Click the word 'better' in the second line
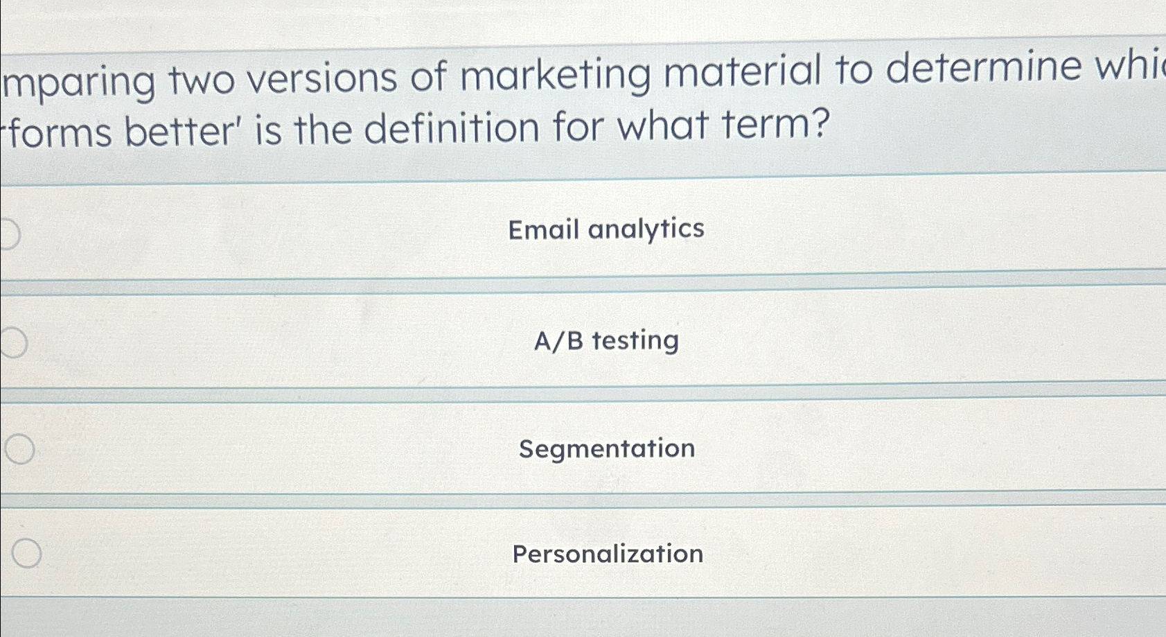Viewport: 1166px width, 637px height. pyautogui.click(x=182, y=131)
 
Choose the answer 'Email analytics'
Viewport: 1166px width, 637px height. pyautogui.click(x=606, y=229)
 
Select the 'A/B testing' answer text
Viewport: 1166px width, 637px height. pyautogui.click(x=606, y=340)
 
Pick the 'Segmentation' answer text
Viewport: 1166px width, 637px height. pyautogui.click(x=607, y=448)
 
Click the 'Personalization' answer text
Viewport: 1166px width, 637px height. pyautogui.click(x=608, y=554)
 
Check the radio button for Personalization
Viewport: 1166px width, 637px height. pyautogui.click(x=26, y=553)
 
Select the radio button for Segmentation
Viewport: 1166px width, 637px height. pyautogui.click(x=20, y=449)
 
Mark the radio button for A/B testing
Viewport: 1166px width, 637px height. pyautogui.click(x=13, y=342)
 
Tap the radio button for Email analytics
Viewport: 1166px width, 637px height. pyautogui.click(x=8, y=234)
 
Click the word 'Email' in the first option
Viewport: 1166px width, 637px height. pyautogui.click(x=543, y=229)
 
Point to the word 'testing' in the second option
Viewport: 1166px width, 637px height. pyautogui.click(x=635, y=340)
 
